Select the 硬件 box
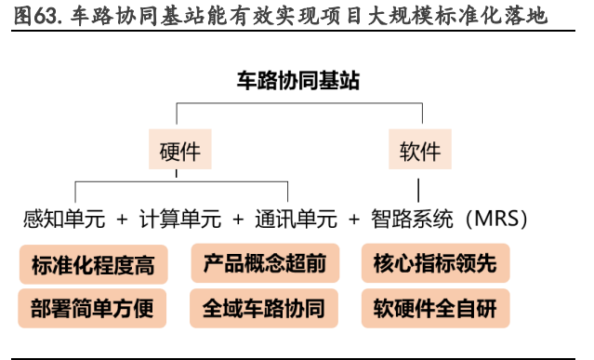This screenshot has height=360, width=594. tap(179, 150)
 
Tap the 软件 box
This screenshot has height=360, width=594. tap(419, 150)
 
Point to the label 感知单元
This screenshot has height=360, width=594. tap(63, 220)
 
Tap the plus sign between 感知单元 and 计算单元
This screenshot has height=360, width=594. tap(123, 220)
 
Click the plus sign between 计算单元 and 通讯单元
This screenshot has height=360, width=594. tap(238, 220)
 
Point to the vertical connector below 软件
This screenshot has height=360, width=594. tap(419, 185)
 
